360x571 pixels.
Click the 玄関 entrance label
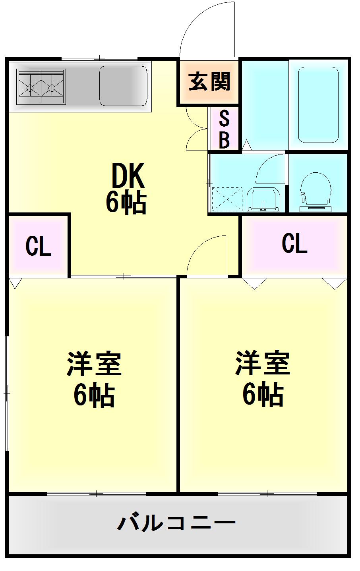pyautogui.click(x=209, y=81)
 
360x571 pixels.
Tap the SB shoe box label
pyautogui.click(x=224, y=129)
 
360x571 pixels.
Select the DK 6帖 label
pyautogui.click(x=126, y=188)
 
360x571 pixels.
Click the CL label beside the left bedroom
pyautogui.click(x=38, y=246)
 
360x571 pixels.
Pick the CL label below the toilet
pyautogui.click(x=295, y=243)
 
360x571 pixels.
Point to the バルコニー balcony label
pyautogui.click(x=176, y=523)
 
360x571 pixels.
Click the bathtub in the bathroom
pyautogui.click(x=318, y=105)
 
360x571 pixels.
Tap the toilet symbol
pyautogui.click(x=315, y=192)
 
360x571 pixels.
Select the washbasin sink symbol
pyautogui.click(x=263, y=200)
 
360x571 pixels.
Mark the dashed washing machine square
pyautogui.click(x=227, y=199)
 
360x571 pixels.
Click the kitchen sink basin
pyautogui.click(x=123, y=86)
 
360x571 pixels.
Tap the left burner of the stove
pyautogui.click(x=30, y=88)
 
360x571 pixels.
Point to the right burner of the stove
pyautogui.click(x=52, y=88)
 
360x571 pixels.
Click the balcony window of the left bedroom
pyautogui.click(x=97, y=494)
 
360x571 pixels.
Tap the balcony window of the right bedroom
pyautogui.click(x=267, y=494)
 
